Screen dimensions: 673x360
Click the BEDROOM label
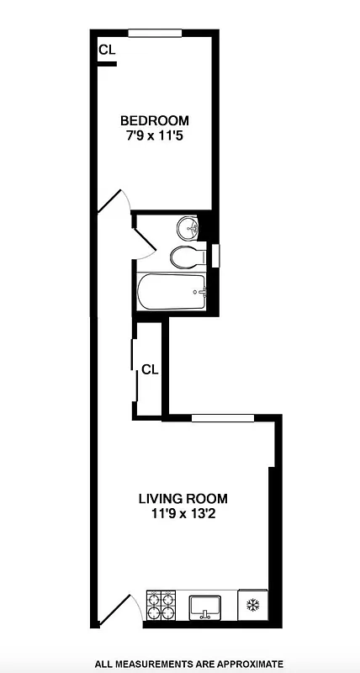(154, 120)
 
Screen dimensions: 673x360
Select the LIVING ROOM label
(183, 497)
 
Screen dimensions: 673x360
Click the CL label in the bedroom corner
(107, 50)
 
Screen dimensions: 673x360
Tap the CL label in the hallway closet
(151, 368)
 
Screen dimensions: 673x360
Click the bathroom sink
(188, 227)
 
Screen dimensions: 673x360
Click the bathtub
(172, 293)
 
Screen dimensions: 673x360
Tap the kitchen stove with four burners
(161, 604)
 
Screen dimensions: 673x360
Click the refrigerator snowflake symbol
(251, 604)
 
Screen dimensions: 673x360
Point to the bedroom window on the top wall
(156, 33)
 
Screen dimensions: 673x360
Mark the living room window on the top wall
(222, 416)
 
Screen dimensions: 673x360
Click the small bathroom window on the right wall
(215, 254)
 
